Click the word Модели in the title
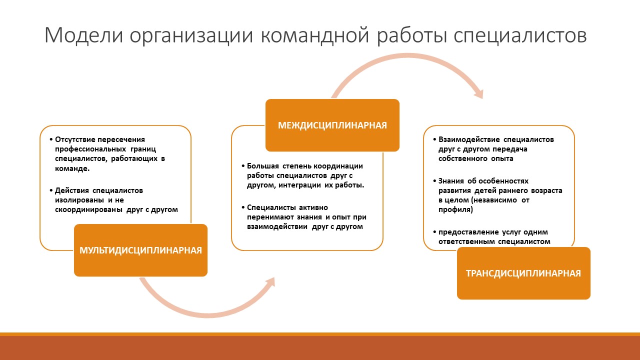tap(83, 35)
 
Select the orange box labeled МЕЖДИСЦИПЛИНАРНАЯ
tap(332, 125)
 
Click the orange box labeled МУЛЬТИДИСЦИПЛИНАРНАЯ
tap(140, 250)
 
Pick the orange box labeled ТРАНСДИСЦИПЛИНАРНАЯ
tap(523, 273)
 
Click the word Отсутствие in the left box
tap(75, 139)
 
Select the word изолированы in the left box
tap(79, 200)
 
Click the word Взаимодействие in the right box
tap(469, 139)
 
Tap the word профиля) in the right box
tap(455, 209)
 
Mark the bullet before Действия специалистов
tap(51, 190)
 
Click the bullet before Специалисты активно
tap(243, 207)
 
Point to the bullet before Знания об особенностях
tap(434, 181)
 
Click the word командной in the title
tap(315, 35)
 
